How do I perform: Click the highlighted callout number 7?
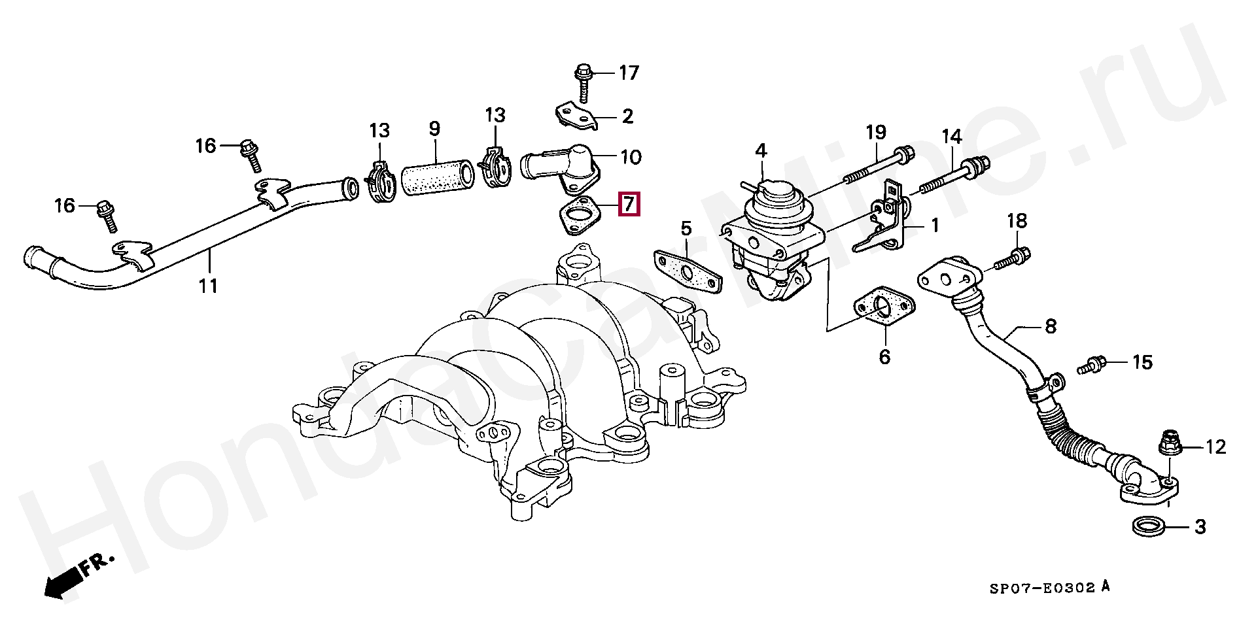click(x=629, y=204)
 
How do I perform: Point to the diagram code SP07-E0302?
click(x=1041, y=588)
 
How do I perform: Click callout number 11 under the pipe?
click(x=208, y=286)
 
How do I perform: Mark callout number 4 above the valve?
click(x=760, y=152)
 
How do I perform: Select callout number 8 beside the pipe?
click(x=1050, y=326)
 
